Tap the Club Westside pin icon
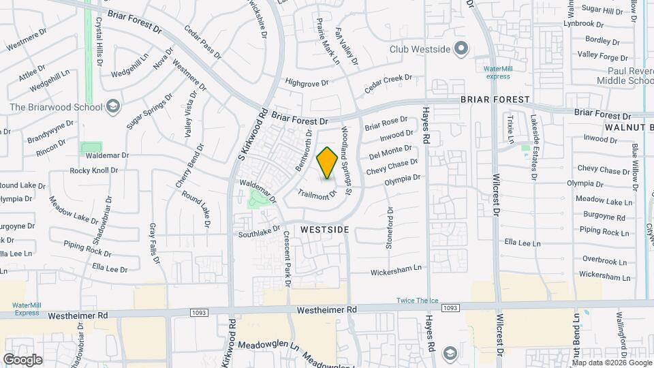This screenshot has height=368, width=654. click(461, 48)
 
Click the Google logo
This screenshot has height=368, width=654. click(22, 359)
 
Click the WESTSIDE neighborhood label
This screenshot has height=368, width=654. click(323, 230)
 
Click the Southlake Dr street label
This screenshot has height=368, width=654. click(259, 232)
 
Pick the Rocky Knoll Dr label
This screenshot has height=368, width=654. click(94, 170)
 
